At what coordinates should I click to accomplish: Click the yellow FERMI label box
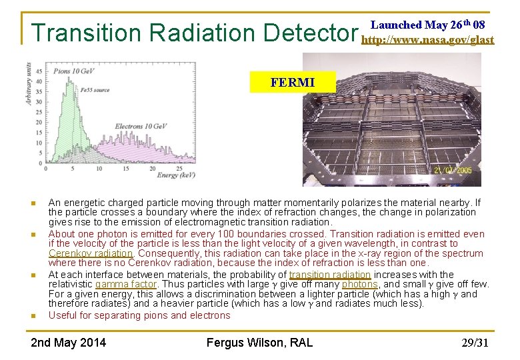coord(292,83)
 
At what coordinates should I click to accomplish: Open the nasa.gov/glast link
coord(427,40)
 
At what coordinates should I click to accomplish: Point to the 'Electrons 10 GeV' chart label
coord(139,126)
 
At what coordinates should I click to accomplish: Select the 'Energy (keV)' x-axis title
coord(177,175)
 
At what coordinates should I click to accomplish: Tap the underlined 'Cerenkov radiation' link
coord(91,253)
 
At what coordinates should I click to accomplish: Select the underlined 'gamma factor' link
coord(125,284)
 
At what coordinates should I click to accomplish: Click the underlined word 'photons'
coord(359,284)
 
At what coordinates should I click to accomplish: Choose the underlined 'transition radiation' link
coord(330,275)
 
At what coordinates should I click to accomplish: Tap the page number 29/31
coord(475,343)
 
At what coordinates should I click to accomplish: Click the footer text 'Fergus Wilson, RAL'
coord(259,343)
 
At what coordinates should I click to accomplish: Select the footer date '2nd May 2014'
coord(69,343)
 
